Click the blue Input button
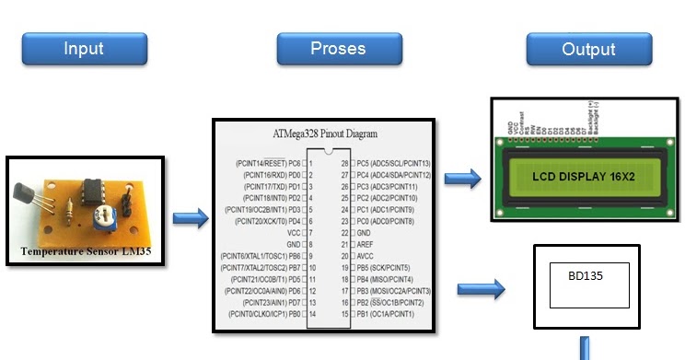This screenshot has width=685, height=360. tap(84, 49)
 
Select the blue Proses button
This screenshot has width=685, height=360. tap(338, 49)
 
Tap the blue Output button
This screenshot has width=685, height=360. tap(588, 49)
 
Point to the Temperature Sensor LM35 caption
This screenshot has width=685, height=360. tap(85, 250)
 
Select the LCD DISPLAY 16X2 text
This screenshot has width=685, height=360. tap(578, 175)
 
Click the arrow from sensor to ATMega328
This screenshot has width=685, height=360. tap(190, 219)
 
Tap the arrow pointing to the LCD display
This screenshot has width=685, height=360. tap(462, 179)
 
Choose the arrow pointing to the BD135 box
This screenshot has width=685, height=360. tap(487, 290)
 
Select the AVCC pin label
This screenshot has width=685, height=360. tap(368, 256)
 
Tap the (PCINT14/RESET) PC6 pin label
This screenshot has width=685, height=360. tap(268, 162)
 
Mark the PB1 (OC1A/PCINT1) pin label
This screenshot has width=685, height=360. tap(390, 314)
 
